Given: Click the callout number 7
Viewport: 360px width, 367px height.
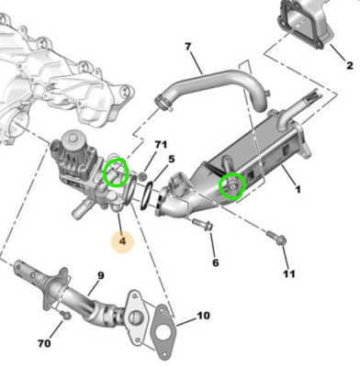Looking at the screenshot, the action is pos(188,47).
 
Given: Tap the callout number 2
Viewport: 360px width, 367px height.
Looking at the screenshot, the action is pos(350,65).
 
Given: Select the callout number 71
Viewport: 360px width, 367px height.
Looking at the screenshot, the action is pos(161,144).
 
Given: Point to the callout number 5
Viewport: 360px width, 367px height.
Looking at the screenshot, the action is pos(171,159).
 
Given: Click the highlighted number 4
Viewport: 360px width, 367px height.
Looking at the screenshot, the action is pos(122,241).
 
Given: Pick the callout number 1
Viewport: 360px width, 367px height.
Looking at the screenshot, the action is pos(298,190).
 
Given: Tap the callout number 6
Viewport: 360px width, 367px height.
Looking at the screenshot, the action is pos(216,262).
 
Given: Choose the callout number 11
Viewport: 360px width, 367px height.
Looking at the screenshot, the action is pos(289,273).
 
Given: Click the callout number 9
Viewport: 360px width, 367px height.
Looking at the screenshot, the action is pos(101,276).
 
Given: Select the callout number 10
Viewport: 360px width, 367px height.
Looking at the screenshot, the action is pos(204,316).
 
